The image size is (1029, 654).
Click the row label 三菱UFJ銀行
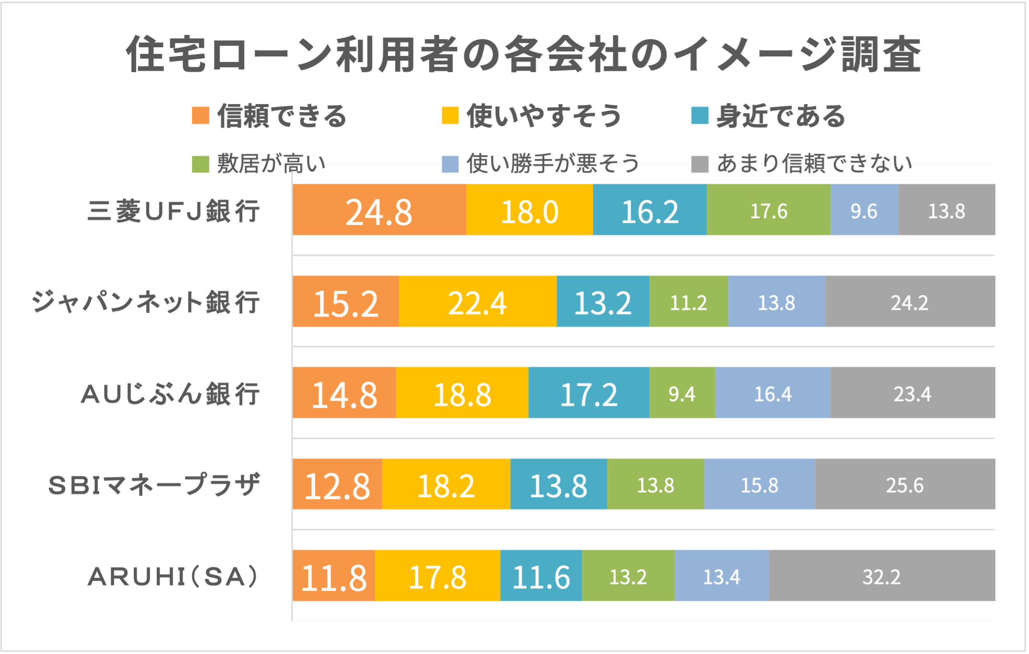point(174,211)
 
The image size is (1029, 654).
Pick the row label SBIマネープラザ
point(154,485)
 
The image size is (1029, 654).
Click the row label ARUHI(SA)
point(173,576)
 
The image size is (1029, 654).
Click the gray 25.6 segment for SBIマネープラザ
point(905,485)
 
